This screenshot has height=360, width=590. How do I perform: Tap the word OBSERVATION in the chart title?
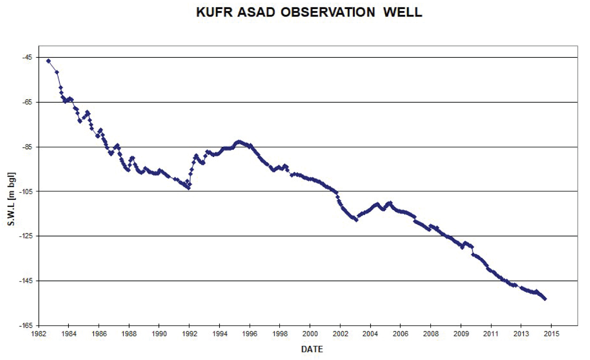coord(328,12)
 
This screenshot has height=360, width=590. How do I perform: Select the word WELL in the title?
coord(403,12)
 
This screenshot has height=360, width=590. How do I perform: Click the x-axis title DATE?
coord(312,349)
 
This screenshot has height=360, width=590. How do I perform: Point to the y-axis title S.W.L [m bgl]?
coord(11,199)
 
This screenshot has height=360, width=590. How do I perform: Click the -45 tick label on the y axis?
coord(27,57)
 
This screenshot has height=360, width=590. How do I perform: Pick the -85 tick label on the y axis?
coord(27,147)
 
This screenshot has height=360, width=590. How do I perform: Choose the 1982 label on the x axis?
coord(39,334)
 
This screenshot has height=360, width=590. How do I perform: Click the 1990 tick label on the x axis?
coord(159,334)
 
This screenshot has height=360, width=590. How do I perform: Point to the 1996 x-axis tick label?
coord(250,334)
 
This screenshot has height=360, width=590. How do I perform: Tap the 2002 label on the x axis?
coord(340,334)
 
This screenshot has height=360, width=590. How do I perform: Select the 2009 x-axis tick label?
coord(461,334)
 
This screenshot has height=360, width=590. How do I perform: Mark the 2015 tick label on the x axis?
coord(551,334)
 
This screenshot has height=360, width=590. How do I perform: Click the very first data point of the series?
coord(48,61)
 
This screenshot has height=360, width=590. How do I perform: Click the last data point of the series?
coord(545,299)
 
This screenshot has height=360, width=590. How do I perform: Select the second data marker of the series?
coord(57,72)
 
